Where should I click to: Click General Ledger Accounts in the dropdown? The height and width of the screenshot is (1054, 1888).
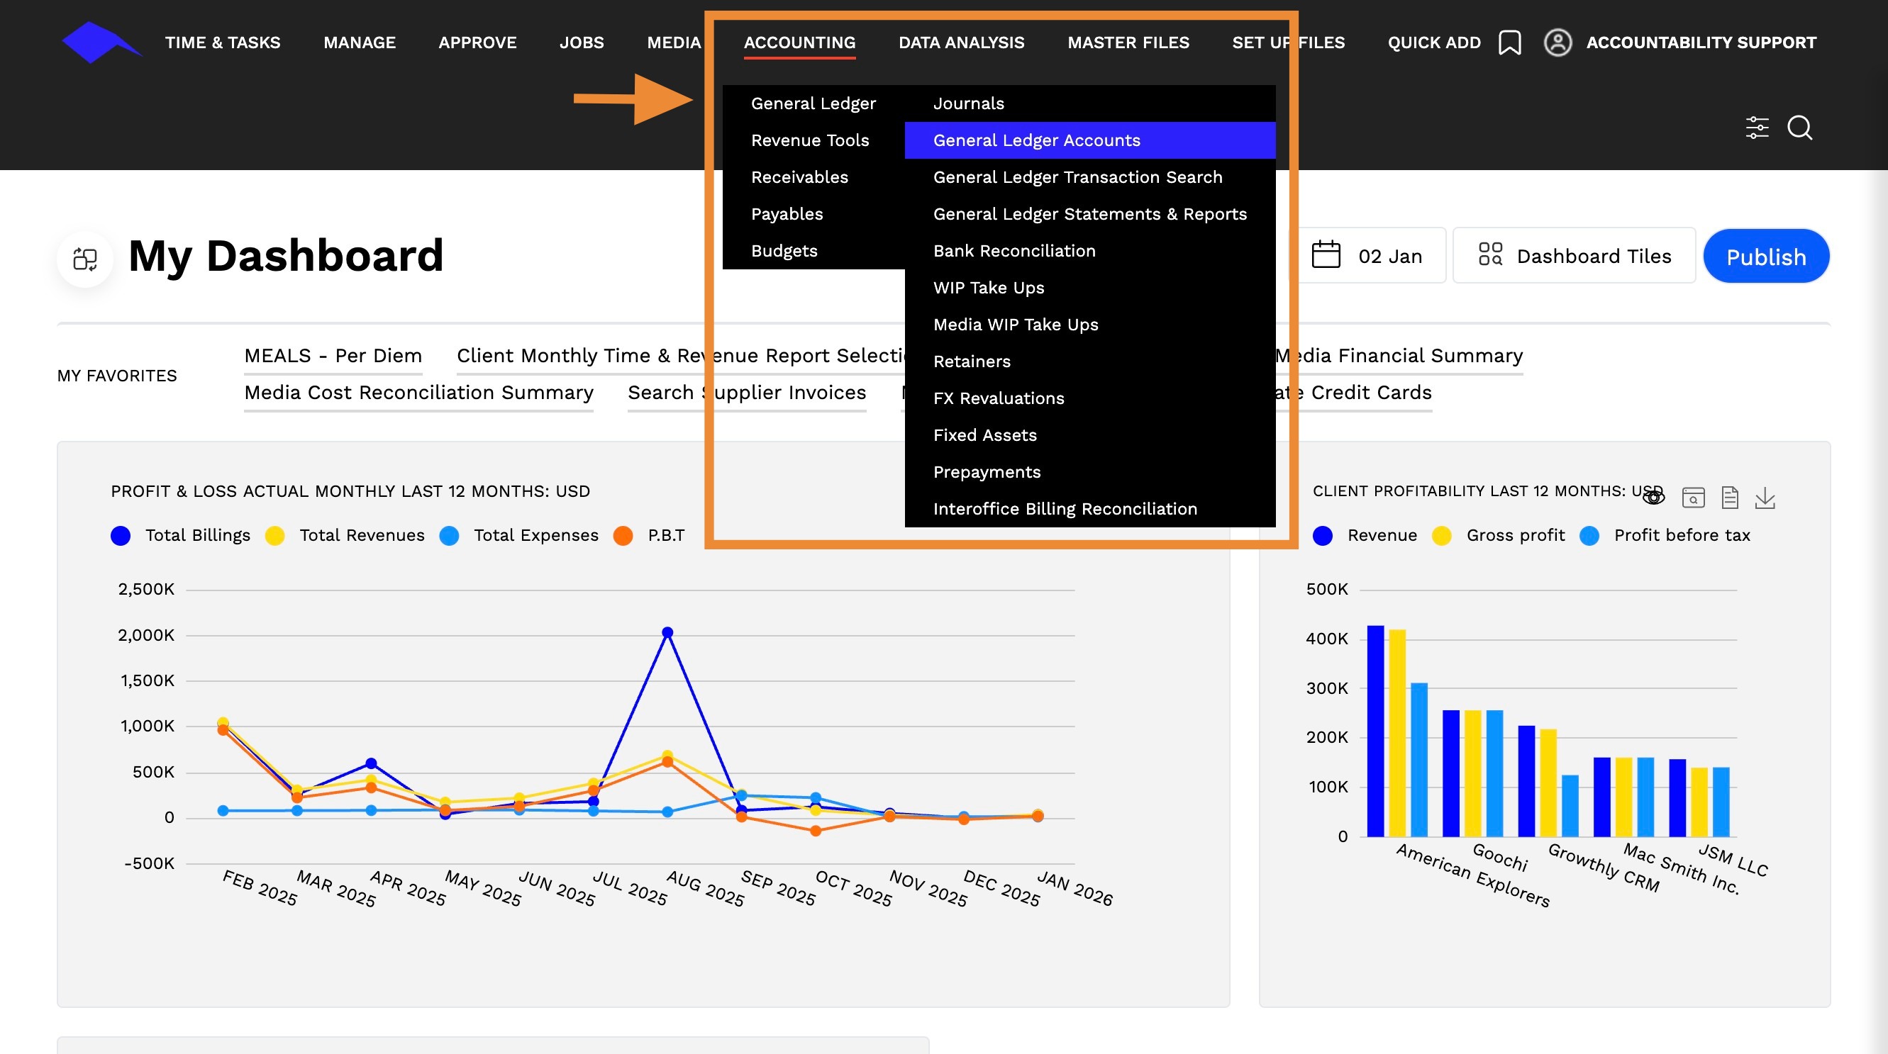[1036, 140]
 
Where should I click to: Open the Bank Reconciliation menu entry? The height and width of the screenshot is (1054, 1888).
[1014, 250]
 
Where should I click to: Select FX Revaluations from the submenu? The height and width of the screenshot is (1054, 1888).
[998, 398]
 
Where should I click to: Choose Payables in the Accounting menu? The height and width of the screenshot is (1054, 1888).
[787, 214]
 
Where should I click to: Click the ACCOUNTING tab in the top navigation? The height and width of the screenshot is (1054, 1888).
[799, 43]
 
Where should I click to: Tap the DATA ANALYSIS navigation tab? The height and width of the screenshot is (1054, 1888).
[962, 43]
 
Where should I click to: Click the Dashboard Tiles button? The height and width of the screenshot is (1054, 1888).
[1575, 256]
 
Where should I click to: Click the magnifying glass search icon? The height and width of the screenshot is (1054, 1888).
[1800, 128]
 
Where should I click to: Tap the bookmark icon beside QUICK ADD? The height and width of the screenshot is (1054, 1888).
[1510, 43]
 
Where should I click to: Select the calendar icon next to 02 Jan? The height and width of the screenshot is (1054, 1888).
[1326, 255]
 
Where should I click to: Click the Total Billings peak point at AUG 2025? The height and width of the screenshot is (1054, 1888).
[667, 632]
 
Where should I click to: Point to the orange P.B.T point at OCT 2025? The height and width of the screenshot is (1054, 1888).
[815, 831]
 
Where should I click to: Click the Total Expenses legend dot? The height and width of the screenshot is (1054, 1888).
[449, 535]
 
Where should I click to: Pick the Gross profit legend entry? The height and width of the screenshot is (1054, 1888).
[1499, 535]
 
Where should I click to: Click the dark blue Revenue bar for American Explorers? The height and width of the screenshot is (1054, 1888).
[1376, 731]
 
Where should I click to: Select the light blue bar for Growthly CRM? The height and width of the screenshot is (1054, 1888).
[1570, 806]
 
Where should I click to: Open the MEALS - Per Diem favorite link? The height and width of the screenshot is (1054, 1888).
[333, 355]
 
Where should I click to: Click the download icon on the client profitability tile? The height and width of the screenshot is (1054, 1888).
[1765, 498]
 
